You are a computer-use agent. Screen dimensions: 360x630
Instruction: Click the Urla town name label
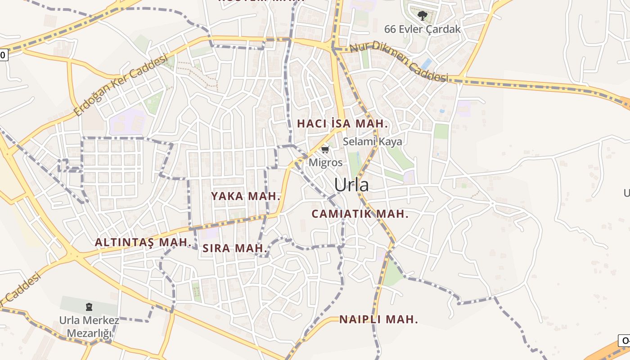[x=351, y=185]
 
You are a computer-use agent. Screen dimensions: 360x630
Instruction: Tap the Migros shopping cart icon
[x=325, y=149]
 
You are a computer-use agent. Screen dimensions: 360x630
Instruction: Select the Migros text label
[x=325, y=162]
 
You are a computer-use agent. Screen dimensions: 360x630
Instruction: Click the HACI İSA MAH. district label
[x=342, y=123]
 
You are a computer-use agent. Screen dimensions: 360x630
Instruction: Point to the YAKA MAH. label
[x=246, y=196]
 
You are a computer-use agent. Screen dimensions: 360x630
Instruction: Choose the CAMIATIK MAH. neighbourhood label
[x=360, y=214]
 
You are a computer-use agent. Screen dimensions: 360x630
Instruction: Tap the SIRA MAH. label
[x=235, y=248]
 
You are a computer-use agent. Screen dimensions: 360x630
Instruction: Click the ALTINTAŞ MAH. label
[x=143, y=242]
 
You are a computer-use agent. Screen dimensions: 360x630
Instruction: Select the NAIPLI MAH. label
[x=378, y=319]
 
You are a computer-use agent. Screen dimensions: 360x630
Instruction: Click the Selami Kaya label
[x=373, y=141]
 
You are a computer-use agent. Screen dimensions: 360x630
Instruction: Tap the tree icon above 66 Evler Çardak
[x=422, y=16]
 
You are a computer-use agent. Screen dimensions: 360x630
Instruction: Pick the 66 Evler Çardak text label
[x=422, y=29]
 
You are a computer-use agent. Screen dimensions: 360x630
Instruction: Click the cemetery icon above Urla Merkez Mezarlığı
[x=89, y=307]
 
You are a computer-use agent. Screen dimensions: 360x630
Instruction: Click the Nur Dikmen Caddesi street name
[x=399, y=62]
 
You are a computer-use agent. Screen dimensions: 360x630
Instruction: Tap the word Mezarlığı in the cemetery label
[x=89, y=333]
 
